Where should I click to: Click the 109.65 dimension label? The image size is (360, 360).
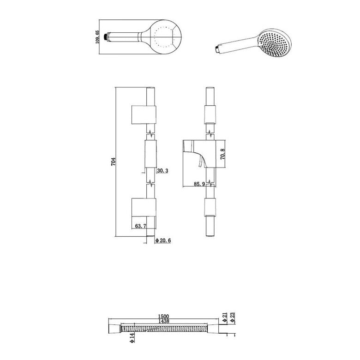(97, 37)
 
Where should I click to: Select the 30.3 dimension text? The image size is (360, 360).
(163, 171)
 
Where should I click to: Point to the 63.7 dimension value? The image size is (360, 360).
(140, 226)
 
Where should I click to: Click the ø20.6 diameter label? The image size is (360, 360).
(163, 240)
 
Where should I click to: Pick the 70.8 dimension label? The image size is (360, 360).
(222, 154)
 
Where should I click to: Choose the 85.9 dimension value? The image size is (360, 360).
(199, 184)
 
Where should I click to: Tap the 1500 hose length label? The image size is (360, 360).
(163, 317)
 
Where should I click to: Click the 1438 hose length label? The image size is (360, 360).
(163, 321)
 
